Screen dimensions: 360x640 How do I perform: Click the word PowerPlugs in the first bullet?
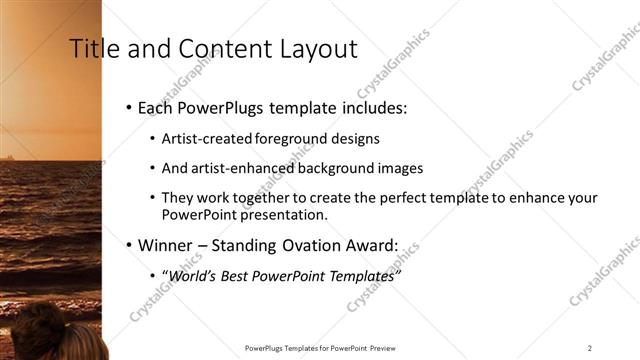(x=220, y=107)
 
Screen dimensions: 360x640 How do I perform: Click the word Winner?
(x=168, y=244)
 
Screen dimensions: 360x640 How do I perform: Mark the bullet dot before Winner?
(x=129, y=245)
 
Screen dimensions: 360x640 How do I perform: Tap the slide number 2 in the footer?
(x=589, y=348)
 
